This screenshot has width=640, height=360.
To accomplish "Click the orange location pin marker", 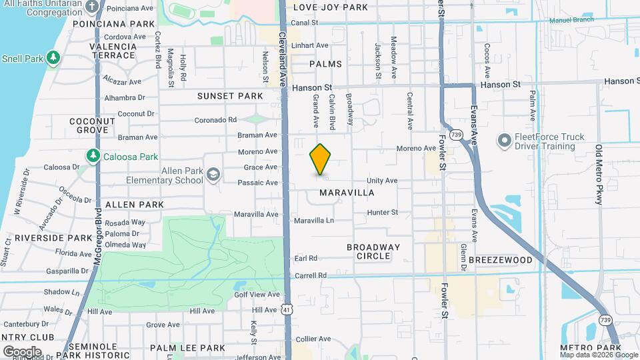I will (x=321, y=159).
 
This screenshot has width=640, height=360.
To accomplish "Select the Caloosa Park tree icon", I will (x=93, y=157).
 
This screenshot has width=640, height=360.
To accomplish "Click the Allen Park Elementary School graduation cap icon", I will (x=213, y=175).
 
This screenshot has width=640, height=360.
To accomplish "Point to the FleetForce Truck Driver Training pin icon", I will (x=504, y=141).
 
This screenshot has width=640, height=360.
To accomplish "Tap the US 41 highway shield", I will (x=286, y=309).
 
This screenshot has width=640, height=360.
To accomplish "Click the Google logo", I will (x=22, y=351).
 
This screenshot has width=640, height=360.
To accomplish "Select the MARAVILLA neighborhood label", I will (x=347, y=193).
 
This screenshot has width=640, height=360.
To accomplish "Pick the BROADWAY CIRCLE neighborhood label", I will (x=373, y=251).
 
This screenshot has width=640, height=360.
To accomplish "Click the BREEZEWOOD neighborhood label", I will (x=501, y=259).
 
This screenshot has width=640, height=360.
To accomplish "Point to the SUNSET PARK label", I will (x=230, y=96).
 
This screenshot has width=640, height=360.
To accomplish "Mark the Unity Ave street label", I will (x=382, y=181).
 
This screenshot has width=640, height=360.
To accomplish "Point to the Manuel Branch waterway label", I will (x=572, y=20).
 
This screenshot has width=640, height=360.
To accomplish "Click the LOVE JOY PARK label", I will (x=331, y=7).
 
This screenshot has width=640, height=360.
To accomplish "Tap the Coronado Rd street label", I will (x=215, y=120).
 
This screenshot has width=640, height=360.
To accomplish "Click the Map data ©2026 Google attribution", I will (x=597, y=355).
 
